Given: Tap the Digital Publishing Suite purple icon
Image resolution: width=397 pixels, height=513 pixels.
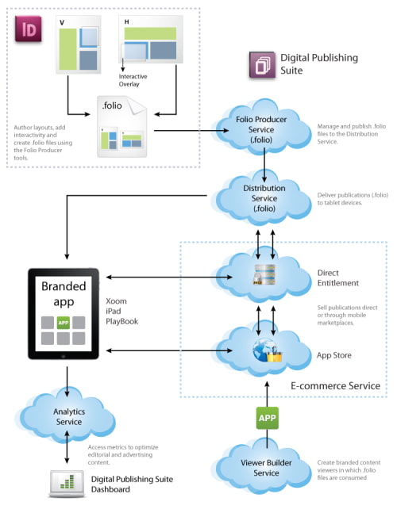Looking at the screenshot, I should click(x=261, y=63).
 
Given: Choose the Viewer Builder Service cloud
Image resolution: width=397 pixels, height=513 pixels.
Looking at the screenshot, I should click(x=265, y=468).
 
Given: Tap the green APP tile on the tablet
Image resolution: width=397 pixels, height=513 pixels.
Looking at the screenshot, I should click(x=64, y=323).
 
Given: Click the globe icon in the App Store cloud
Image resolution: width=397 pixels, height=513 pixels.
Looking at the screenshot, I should click(x=261, y=349).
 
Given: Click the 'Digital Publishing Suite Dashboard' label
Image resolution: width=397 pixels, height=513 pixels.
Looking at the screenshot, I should click(x=132, y=484).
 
